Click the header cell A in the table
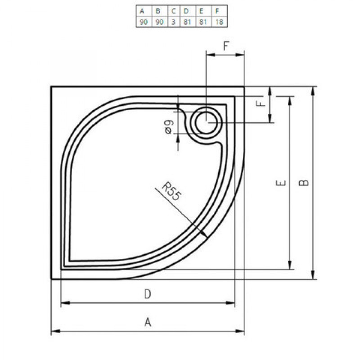pyautogui.click(x=144, y=11)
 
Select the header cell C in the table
pyautogui.click(x=174, y=11)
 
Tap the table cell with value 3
pyautogui.click(x=174, y=22)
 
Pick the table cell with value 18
pyautogui.click(x=219, y=22)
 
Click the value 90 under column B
pyautogui.click(x=160, y=22)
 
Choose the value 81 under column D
pyautogui.click(x=187, y=22)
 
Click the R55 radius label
pyautogui.click(x=171, y=192)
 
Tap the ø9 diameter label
pyautogui.click(x=169, y=127)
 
